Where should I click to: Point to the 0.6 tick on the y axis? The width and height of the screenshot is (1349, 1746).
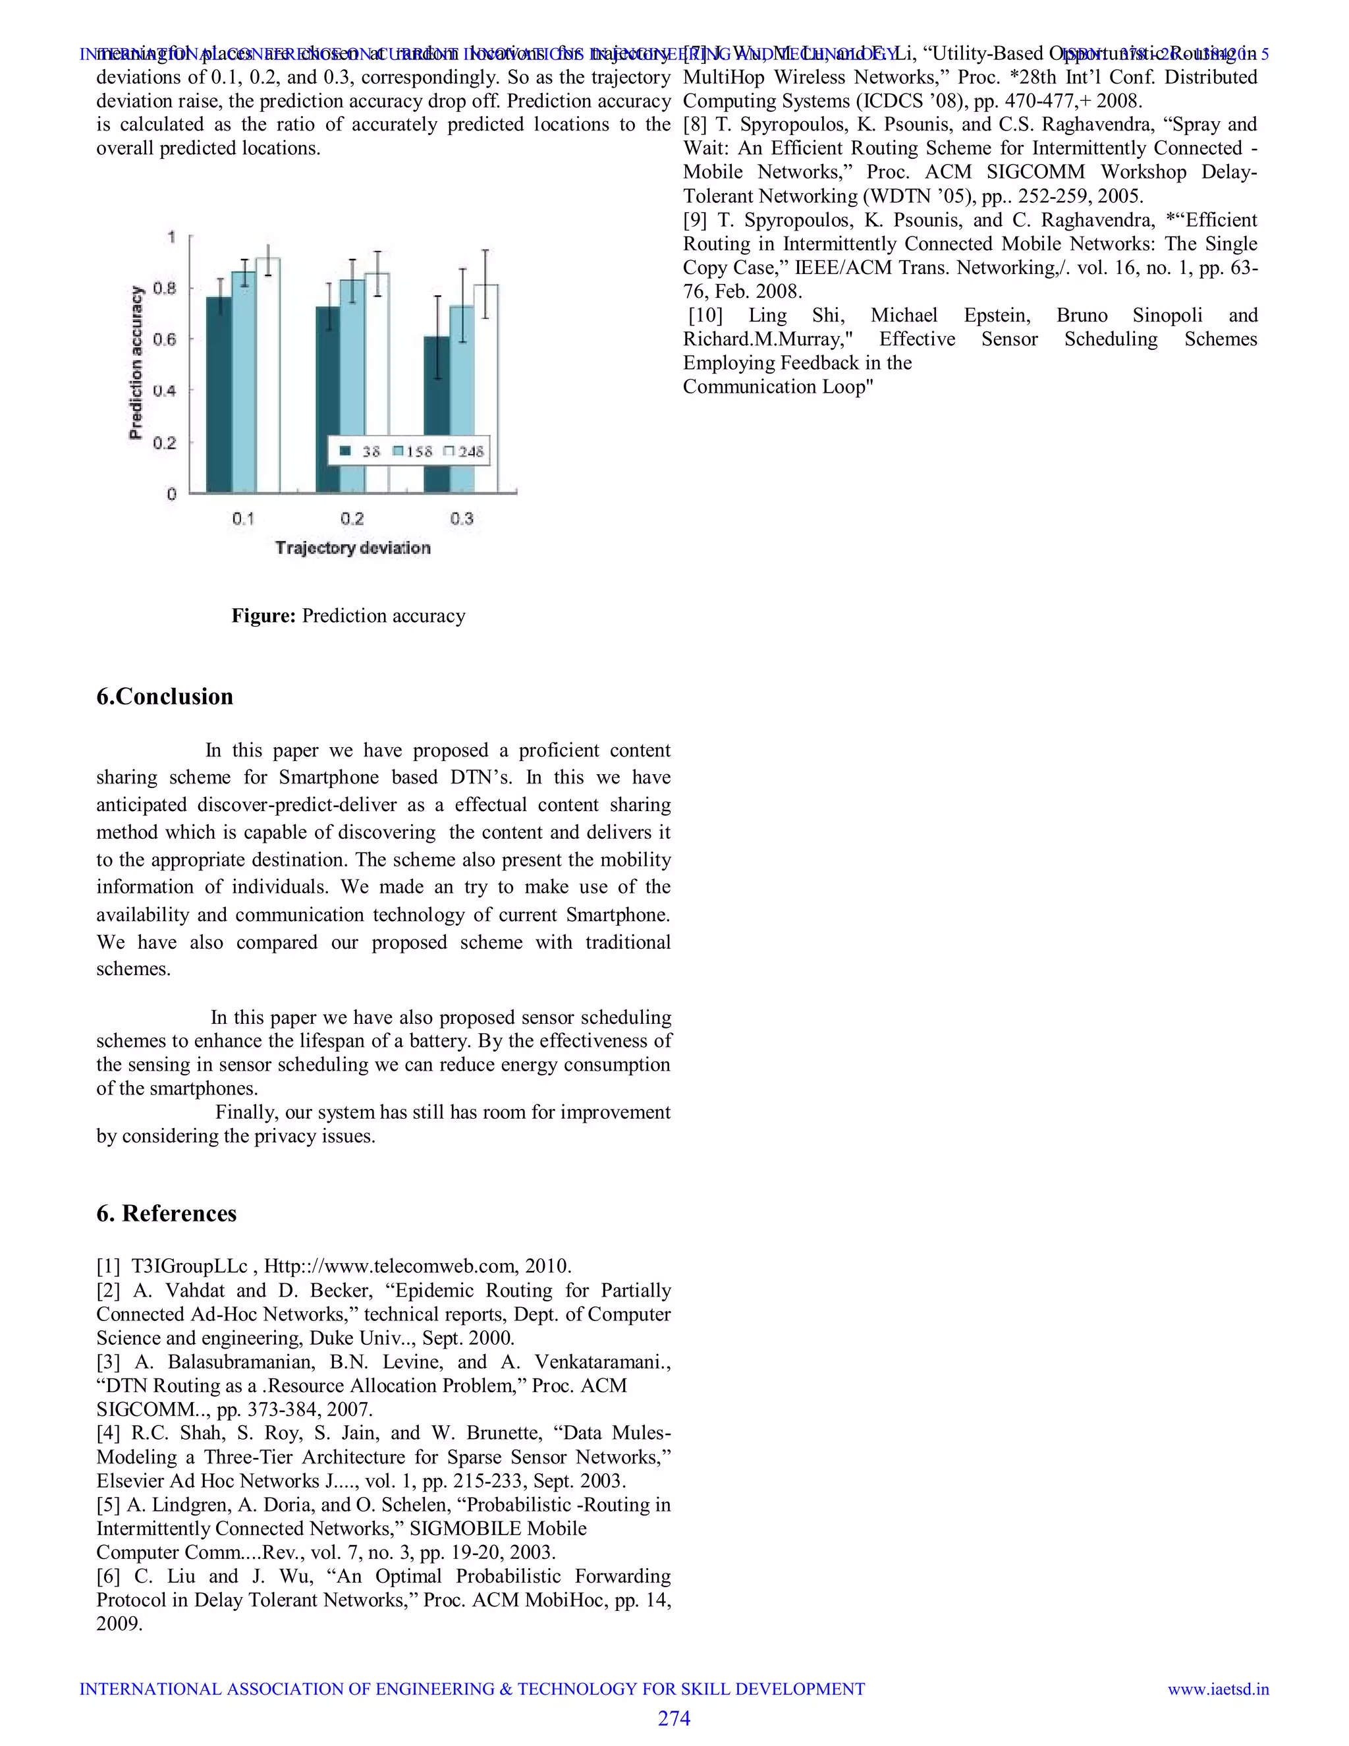coord(165,339)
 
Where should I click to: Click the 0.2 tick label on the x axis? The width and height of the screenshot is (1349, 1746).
coord(352,519)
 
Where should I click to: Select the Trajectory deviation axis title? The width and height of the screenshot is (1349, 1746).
coord(352,548)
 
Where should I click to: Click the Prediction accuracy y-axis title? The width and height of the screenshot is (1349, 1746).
coord(136,362)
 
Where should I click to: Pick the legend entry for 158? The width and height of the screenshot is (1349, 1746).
coord(412,452)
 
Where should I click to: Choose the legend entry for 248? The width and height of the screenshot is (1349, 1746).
coord(465,452)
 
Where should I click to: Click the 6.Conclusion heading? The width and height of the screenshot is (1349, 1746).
coord(165,696)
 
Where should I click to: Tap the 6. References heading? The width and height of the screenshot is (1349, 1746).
coord(166,1214)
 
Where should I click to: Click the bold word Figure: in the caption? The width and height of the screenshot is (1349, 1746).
coord(263,615)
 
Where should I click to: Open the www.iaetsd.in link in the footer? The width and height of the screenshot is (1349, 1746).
coord(1218,1689)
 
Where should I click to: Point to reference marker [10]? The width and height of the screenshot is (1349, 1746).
coord(705,315)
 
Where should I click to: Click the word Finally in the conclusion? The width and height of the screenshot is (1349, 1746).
coord(244,1112)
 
